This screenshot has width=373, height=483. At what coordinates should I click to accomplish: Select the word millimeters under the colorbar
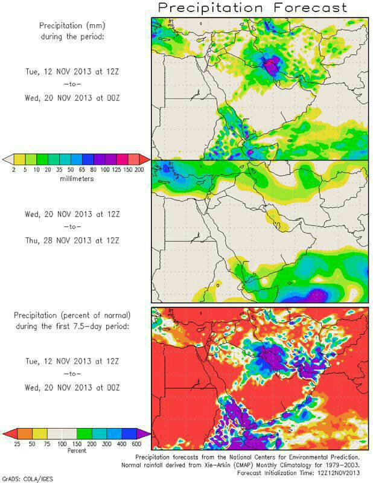pos(75,179)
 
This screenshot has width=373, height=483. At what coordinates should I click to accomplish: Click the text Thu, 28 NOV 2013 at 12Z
pos(75,240)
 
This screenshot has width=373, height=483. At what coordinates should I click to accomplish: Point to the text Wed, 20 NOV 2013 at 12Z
pos(75,214)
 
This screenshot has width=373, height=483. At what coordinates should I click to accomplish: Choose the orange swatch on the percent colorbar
pos(25,433)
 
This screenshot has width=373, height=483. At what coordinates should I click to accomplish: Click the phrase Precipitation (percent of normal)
pos(75,315)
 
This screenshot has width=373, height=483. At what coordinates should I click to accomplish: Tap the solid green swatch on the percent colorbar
pos(84,433)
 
